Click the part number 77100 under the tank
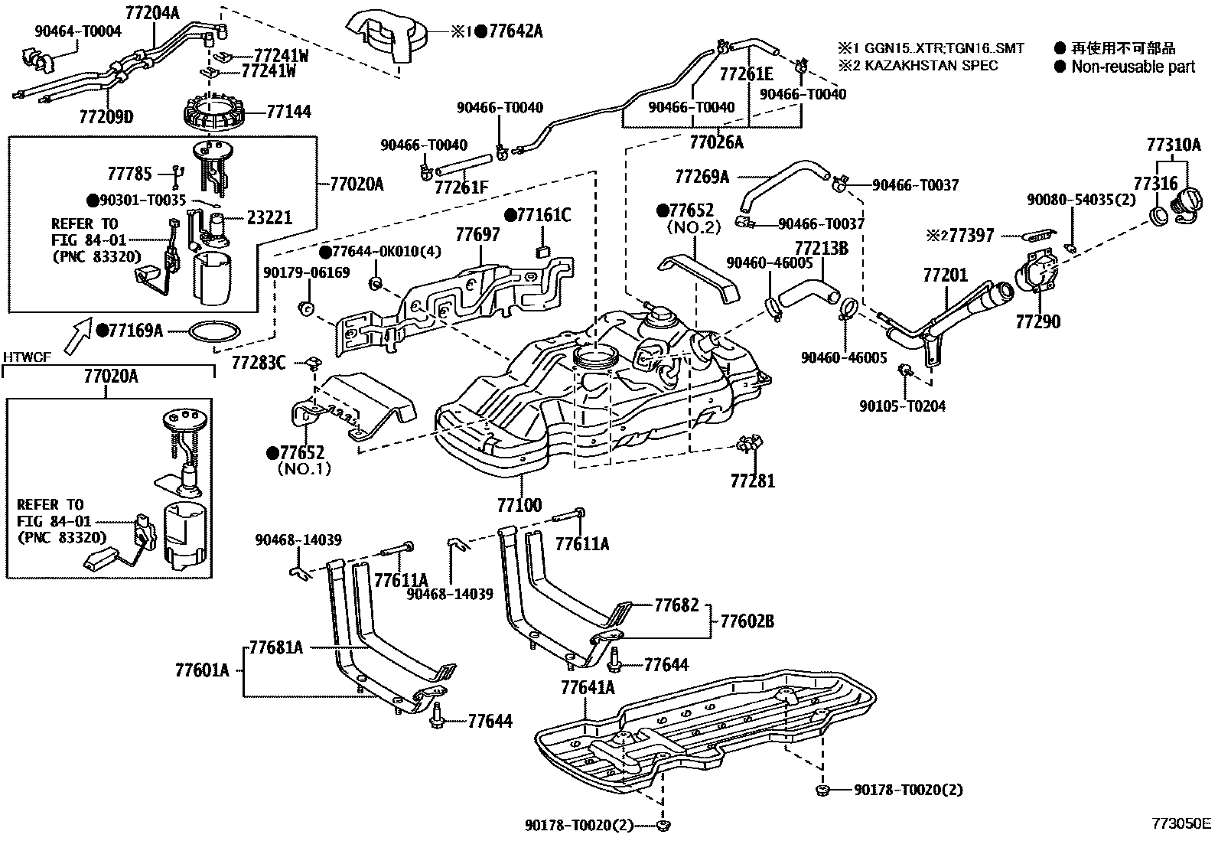pyautogui.click(x=519, y=505)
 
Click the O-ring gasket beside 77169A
pyautogui.click(x=213, y=331)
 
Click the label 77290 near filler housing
pyautogui.click(x=1037, y=322)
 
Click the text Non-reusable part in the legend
pyautogui.click(x=1132, y=67)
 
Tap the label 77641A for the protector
pyautogui.click(x=587, y=686)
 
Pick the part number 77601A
pyautogui.click(x=202, y=670)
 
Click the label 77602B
pyautogui.click(x=747, y=621)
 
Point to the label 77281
pyautogui.click(x=752, y=481)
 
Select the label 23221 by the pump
pyautogui.click(x=269, y=217)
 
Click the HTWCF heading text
pyautogui.click(x=27, y=357)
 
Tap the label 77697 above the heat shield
pyautogui.click(x=478, y=235)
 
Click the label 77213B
pyautogui.click(x=821, y=249)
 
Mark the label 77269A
pyautogui.click(x=702, y=177)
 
